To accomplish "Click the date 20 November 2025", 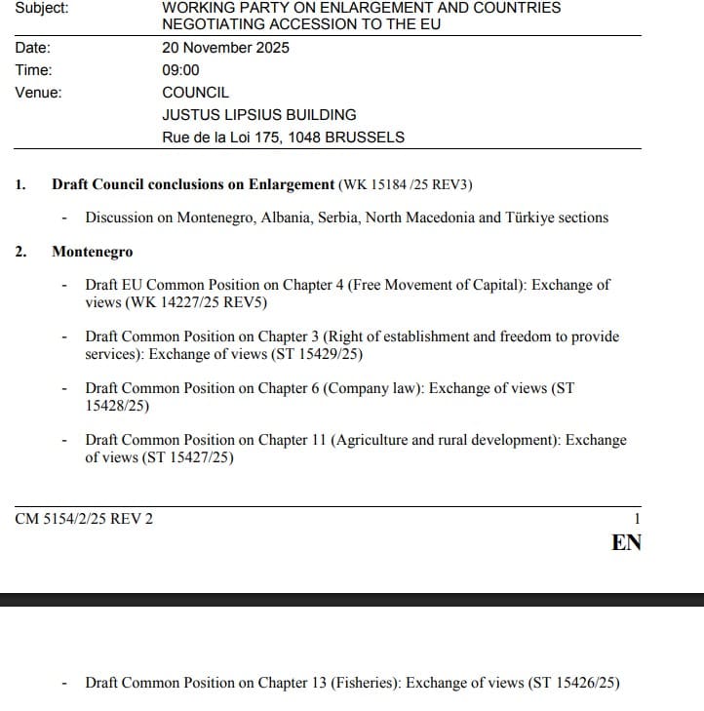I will [225, 48].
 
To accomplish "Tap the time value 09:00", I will [180, 70].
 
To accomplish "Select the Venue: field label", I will [38, 93].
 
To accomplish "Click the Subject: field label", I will [42, 7].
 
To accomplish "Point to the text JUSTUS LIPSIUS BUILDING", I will [258, 115].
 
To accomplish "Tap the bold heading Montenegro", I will [92, 252].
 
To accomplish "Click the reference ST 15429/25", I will [312, 354].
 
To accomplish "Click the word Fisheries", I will [365, 683].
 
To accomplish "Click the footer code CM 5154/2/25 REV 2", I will [84, 519].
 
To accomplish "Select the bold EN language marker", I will [626, 543].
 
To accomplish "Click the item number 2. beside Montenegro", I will [20, 252].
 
